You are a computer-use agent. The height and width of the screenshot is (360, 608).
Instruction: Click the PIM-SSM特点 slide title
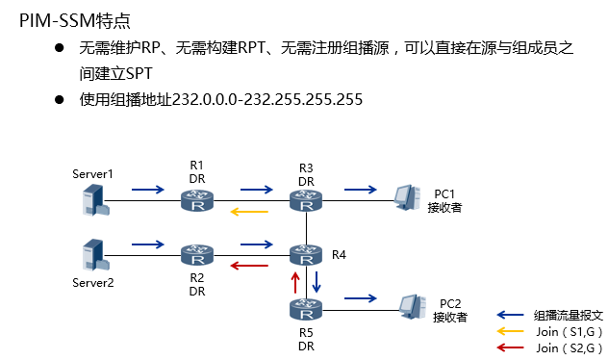(x=76, y=19)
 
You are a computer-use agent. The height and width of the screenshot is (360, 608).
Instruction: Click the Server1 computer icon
(x=92, y=200)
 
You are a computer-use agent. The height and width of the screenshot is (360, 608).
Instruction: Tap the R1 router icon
(x=197, y=200)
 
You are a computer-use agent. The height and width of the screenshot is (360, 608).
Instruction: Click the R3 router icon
(x=306, y=200)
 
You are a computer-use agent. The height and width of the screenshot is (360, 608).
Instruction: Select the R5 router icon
(x=306, y=310)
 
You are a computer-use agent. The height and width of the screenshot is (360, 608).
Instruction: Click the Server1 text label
(x=92, y=174)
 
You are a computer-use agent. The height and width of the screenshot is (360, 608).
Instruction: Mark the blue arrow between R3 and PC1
(x=361, y=190)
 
